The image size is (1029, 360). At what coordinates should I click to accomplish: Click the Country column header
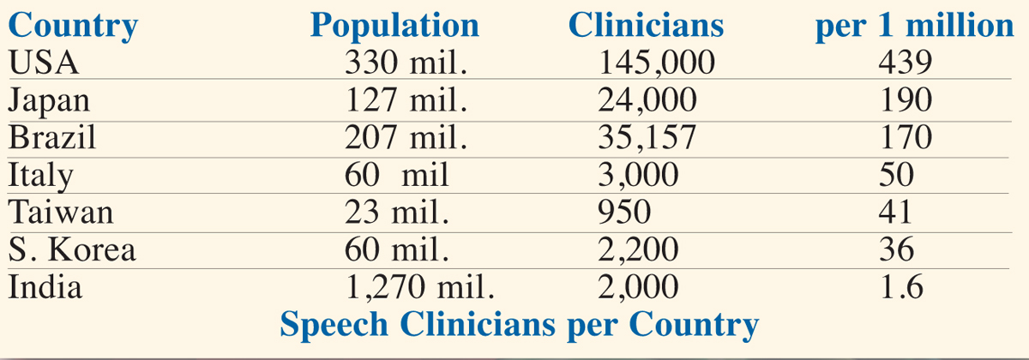[x=72, y=26]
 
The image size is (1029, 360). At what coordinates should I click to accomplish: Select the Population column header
[x=394, y=26]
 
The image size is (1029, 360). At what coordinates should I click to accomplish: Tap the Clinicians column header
[x=646, y=26]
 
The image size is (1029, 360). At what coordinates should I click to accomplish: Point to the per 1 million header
[x=914, y=26]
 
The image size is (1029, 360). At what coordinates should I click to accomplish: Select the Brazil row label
[x=51, y=138]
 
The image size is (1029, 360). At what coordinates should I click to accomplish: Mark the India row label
[x=45, y=286]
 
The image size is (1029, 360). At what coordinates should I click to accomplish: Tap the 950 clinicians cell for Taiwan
[x=624, y=212]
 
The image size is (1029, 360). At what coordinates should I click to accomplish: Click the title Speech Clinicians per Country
[x=520, y=325]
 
